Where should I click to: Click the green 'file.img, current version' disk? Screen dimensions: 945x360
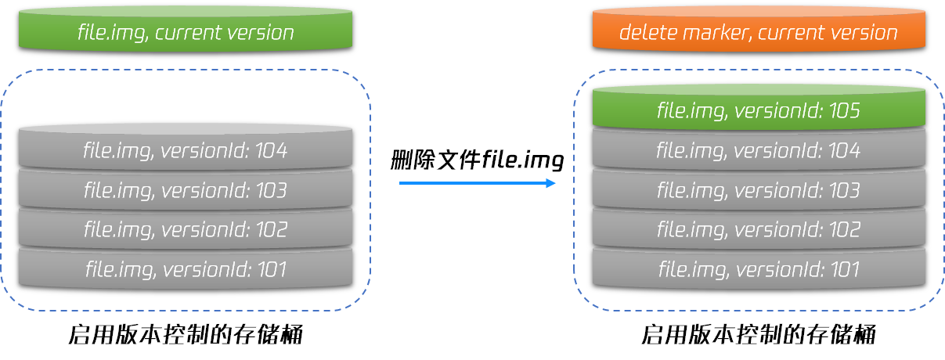tap(186, 29)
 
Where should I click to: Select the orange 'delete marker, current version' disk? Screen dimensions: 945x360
tap(759, 29)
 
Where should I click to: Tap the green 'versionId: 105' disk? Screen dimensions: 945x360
tap(759, 107)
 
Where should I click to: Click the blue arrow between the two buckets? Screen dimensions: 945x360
tap(477, 183)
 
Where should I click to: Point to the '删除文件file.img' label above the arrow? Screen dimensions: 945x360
tap(477, 160)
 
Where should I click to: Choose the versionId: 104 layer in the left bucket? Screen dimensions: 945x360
tap(186, 148)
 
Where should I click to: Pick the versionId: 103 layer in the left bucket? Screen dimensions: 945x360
tap(186, 189)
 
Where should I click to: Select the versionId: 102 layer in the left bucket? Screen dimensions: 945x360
tap(186, 229)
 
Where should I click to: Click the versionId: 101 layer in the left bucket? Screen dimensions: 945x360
tap(186, 268)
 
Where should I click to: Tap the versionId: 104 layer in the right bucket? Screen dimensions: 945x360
tap(759, 149)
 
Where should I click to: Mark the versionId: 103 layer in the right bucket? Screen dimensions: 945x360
tap(759, 189)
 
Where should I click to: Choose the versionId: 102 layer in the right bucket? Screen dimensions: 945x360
tap(759, 229)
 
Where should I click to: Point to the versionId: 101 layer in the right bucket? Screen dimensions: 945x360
tap(759, 268)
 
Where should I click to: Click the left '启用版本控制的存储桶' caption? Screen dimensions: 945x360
tap(186, 335)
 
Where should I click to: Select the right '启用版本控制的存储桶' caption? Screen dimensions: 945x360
tap(759, 335)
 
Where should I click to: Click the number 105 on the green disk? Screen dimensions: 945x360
tap(844, 110)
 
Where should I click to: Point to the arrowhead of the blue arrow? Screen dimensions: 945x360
tap(550, 183)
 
